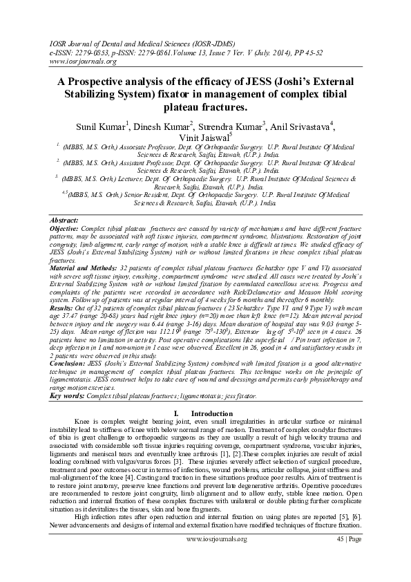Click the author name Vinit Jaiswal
point(205,138)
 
